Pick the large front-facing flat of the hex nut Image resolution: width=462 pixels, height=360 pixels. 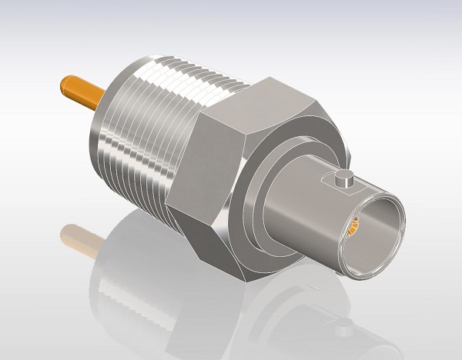208,169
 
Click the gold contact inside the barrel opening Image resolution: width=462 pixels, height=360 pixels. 355,226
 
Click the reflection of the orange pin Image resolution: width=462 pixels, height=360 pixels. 80,238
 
